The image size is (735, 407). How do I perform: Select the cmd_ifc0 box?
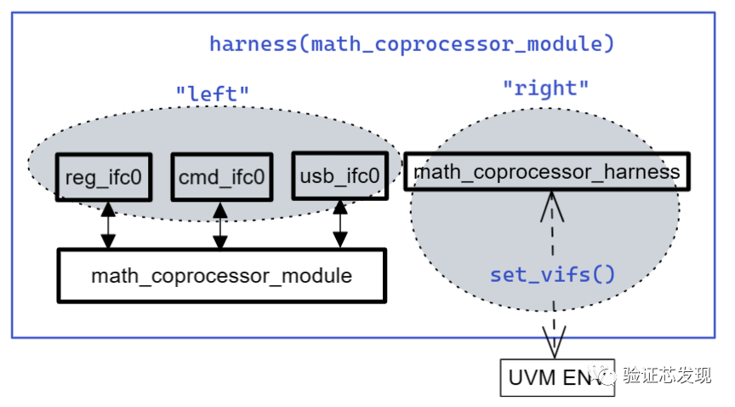pos(221,177)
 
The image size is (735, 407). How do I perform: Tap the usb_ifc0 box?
pos(339,176)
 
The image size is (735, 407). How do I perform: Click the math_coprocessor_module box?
pos(221,276)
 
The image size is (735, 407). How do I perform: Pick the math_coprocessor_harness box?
pos(546,172)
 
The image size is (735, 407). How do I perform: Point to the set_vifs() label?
pos(552,275)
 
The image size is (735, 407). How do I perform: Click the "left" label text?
pos(213,93)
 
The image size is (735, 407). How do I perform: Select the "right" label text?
pos(545,88)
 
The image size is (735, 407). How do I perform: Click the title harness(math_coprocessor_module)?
pos(412,43)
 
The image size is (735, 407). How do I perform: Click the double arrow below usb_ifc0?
pos(340,224)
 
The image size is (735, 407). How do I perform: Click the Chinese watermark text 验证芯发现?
pos(666,375)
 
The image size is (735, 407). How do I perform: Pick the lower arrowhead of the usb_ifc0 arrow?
pos(340,240)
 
